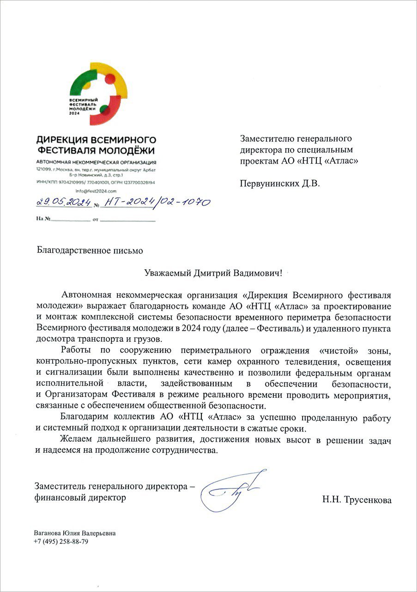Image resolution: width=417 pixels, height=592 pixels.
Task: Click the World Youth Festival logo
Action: pos(96,93)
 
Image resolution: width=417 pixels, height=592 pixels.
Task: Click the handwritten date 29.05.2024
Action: pos(63,202)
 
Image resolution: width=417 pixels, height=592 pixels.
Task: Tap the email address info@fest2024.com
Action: pos(96,191)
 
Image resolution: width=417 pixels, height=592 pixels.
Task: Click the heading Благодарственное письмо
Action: pos(90,250)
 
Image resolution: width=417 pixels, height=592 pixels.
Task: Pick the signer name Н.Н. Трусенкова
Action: pos(357,499)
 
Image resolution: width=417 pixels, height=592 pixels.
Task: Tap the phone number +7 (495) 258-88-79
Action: pos(61,542)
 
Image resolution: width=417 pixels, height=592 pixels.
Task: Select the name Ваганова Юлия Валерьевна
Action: pos(75,533)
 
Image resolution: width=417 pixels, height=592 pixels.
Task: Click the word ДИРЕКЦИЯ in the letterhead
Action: pos(60,140)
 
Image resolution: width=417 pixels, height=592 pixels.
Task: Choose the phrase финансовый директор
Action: pos(80,498)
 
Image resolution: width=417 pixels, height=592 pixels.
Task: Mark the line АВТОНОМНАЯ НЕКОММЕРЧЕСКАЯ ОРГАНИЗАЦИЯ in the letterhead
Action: pos(96,162)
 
